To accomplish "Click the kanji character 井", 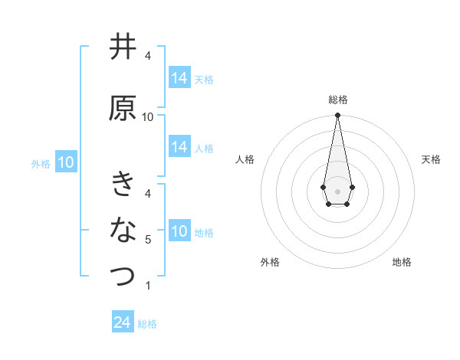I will (123, 47).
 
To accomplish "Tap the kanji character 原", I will (123, 109).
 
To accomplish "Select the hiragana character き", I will (123, 185).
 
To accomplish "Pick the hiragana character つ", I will (123, 276).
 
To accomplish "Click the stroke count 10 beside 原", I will (148, 117).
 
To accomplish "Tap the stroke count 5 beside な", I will (148, 240).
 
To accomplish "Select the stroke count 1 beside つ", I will (148, 286).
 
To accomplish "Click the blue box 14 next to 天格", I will (179, 78).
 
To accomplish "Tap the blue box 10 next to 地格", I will (179, 231).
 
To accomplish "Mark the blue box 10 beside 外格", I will (65, 162).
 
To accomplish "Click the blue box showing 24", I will (122, 322).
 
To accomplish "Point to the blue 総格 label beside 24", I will (147, 324).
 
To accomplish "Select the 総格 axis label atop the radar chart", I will (337, 100).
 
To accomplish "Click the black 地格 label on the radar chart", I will (402, 263).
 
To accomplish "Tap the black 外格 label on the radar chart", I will (270, 263).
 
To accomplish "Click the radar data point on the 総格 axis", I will (337, 116).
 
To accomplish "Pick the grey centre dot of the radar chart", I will (337, 190).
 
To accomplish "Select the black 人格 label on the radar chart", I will (245, 159).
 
